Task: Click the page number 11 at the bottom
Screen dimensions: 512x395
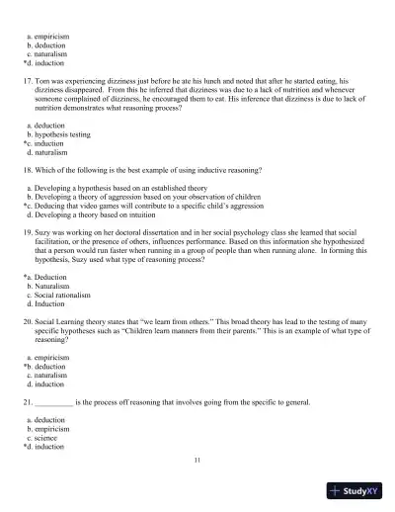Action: (x=197, y=461)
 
